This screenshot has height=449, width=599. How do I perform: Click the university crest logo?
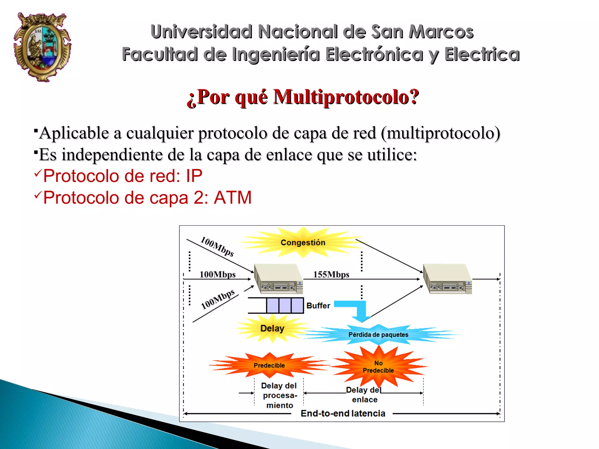(x=42, y=47)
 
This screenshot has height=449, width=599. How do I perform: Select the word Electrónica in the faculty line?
(x=374, y=54)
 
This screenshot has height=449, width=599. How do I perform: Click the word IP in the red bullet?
(x=194, y=176)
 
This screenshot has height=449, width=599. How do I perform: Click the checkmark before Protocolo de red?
(x=38, y=173)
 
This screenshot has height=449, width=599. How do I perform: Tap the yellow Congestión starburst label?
(x=303, y=242)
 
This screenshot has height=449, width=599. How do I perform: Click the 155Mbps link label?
(x=331, y=274)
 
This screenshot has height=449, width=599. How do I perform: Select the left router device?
(x=278, y=279)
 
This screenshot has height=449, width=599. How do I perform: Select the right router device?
(x=447, y=279)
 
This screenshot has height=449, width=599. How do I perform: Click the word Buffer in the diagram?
(x=318, y=306)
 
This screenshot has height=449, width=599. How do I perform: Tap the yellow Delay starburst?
(x=272, y=328)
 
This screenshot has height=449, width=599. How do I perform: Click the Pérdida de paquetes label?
(x=378, y=335)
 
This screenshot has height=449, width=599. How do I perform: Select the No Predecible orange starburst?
(x=378, y=367)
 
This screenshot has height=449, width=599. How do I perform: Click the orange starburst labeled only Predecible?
(x=269, y=365)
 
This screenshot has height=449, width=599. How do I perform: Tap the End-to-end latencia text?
(x=343, y=413)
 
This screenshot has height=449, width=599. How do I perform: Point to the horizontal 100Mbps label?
(x=217, y=274)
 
